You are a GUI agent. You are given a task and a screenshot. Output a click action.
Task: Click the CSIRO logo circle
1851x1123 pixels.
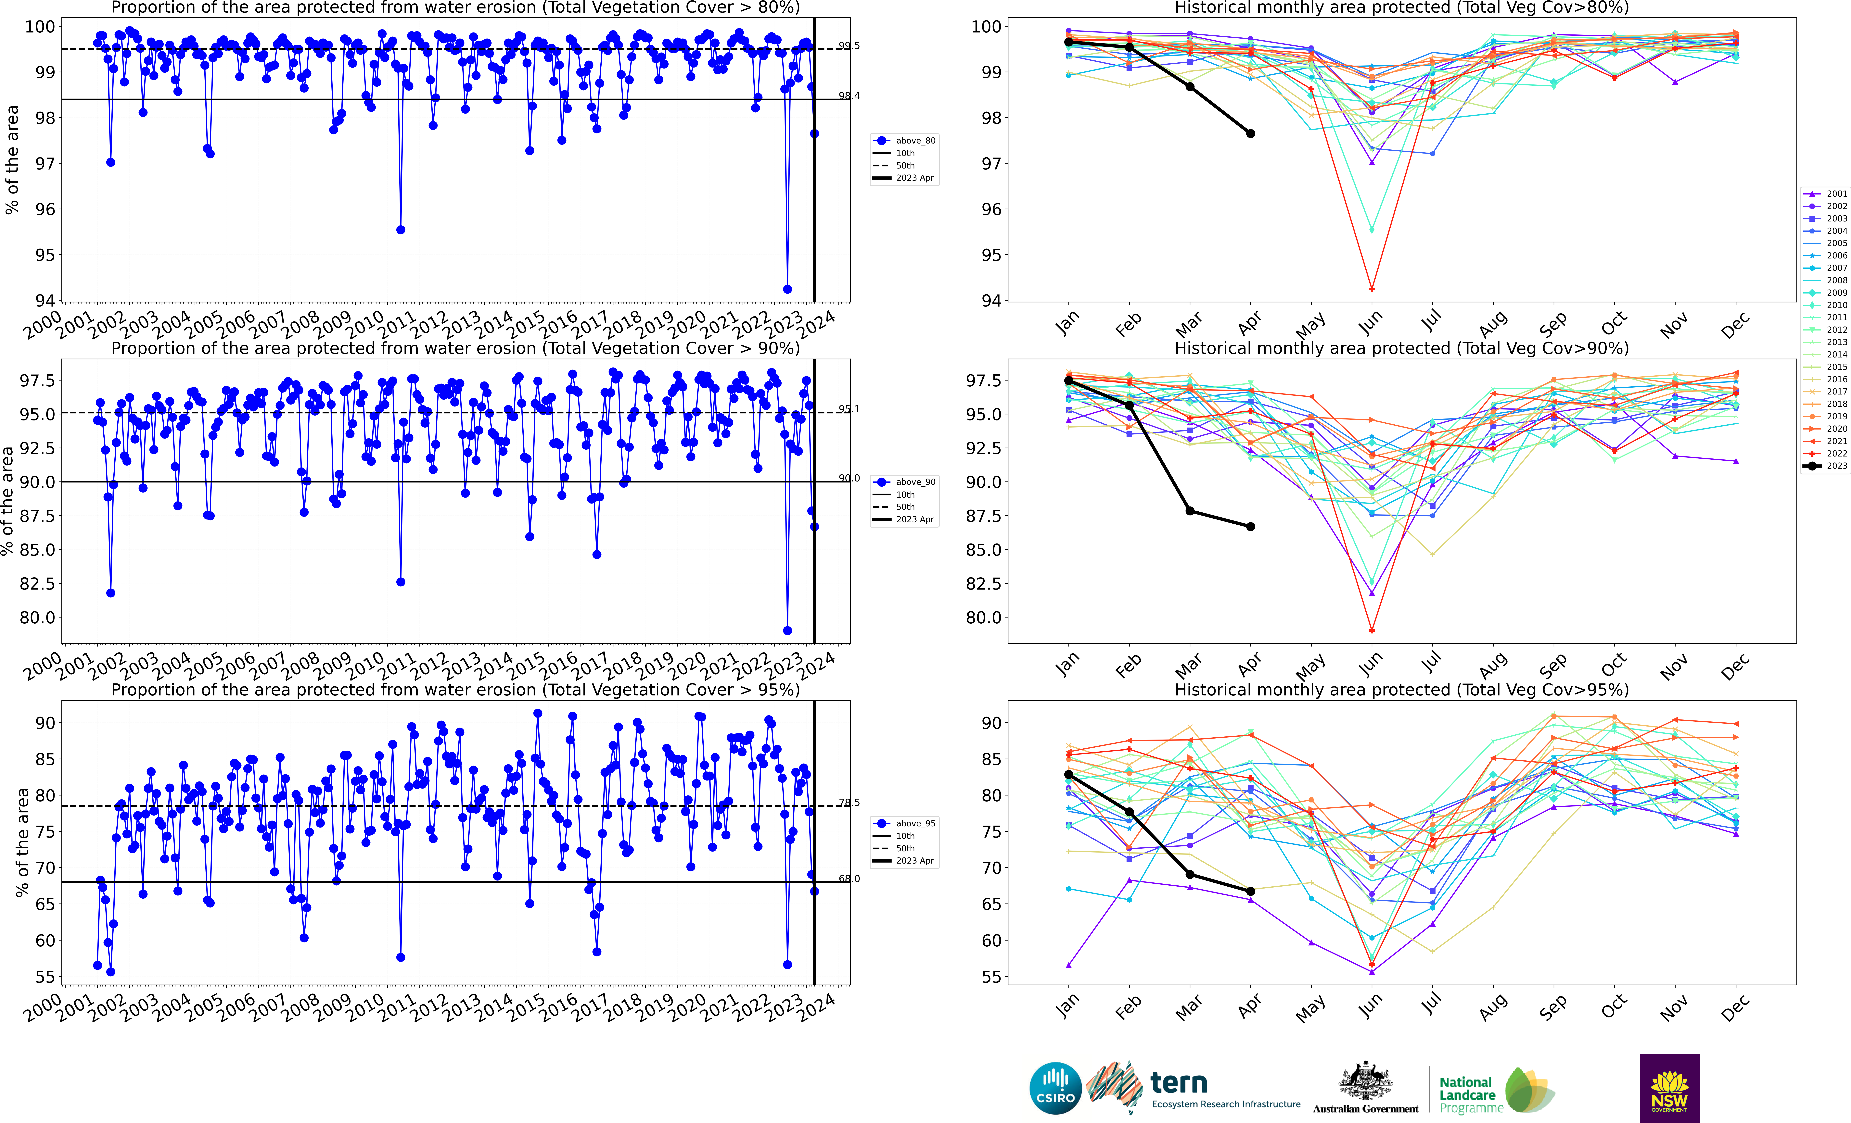click(x=1055, y=1088)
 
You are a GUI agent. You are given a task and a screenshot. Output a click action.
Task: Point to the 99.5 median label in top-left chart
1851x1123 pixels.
click(x=849, y=46)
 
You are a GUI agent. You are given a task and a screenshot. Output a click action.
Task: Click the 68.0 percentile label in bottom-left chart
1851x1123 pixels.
click(x=849, y=878)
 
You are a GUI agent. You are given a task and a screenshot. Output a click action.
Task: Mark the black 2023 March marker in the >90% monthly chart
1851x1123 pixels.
click(x=1190, y=511)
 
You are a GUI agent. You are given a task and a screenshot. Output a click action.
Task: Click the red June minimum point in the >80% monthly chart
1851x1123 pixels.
click(x=1372, y=289)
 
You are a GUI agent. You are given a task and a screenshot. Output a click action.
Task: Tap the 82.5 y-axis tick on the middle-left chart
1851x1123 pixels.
click(x=36, y=584)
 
